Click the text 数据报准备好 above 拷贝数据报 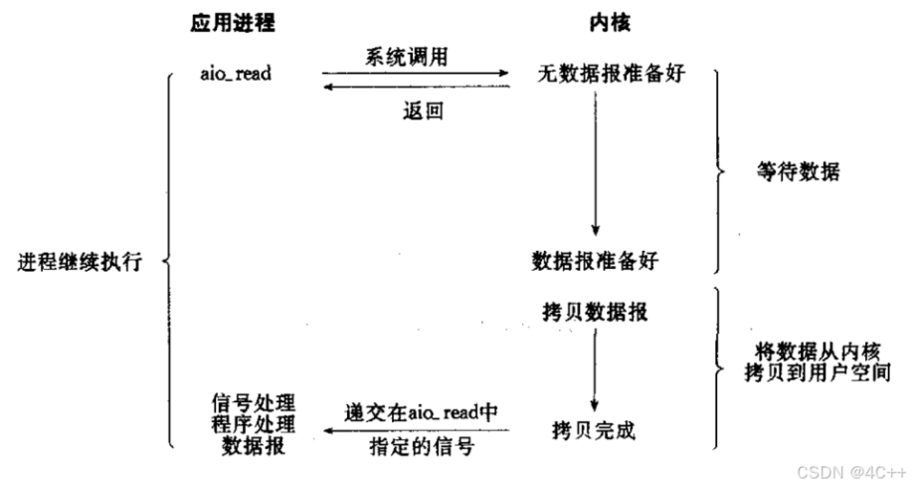tap(595, 261)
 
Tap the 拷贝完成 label tap(594, 430)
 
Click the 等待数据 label tap(798, 171)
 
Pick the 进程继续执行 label tap(81, 263)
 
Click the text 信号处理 tap(254, 403)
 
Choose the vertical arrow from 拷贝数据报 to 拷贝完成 tap(594, 368)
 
